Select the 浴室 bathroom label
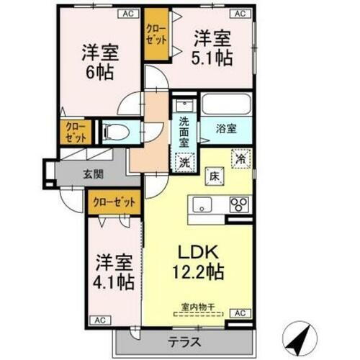point(228,130)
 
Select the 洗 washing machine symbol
point(184,163)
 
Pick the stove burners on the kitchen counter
point(239,204)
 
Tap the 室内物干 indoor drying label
point(198,312)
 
